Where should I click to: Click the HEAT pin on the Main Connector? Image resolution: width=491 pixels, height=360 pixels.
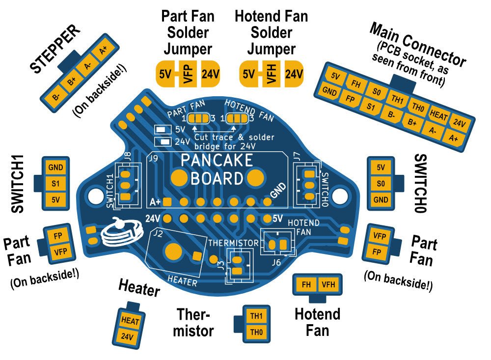438,113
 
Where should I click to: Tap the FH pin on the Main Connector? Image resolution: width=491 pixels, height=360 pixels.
356,84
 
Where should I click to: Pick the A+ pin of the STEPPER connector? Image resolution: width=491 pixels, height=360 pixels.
103,50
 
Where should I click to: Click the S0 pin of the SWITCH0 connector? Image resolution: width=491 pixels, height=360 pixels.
381,183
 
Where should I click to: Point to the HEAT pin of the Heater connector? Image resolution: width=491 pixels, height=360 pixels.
130,321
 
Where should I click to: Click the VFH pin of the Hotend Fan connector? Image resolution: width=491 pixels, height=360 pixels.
328,284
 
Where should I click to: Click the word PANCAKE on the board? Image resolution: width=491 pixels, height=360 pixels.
217,160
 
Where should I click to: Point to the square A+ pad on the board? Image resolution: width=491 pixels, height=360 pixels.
168,201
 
